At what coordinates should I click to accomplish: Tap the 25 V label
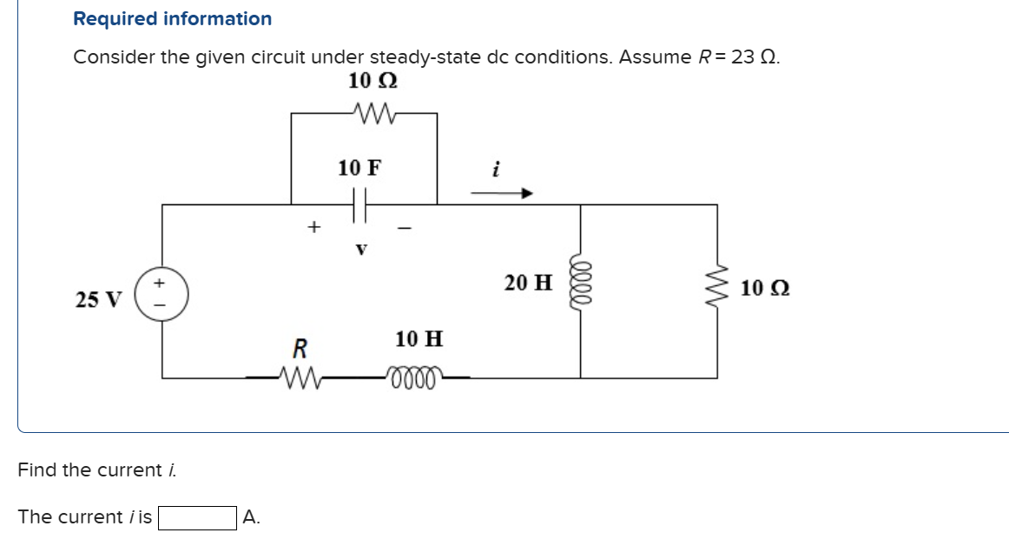tap(99, 300)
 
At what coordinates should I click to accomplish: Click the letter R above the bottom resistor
tap(300, 349)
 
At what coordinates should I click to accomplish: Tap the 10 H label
tap(419, 338)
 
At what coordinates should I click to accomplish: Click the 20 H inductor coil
tap(580, 283)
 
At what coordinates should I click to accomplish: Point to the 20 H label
tap(528, 283)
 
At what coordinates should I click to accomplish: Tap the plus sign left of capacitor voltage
tap(313, 227)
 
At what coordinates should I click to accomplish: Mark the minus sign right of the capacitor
tap(403, 229)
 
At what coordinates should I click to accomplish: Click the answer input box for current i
tap(196, 517)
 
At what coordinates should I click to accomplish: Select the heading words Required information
tap(172, 18)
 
